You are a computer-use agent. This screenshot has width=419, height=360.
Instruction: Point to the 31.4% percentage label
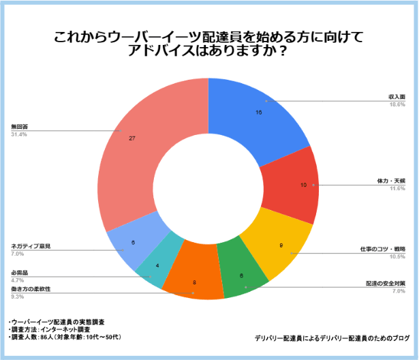click(19, 134)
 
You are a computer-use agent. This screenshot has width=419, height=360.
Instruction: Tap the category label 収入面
click(397, 97)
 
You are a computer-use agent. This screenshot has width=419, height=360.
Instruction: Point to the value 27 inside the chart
click(131, 138)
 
